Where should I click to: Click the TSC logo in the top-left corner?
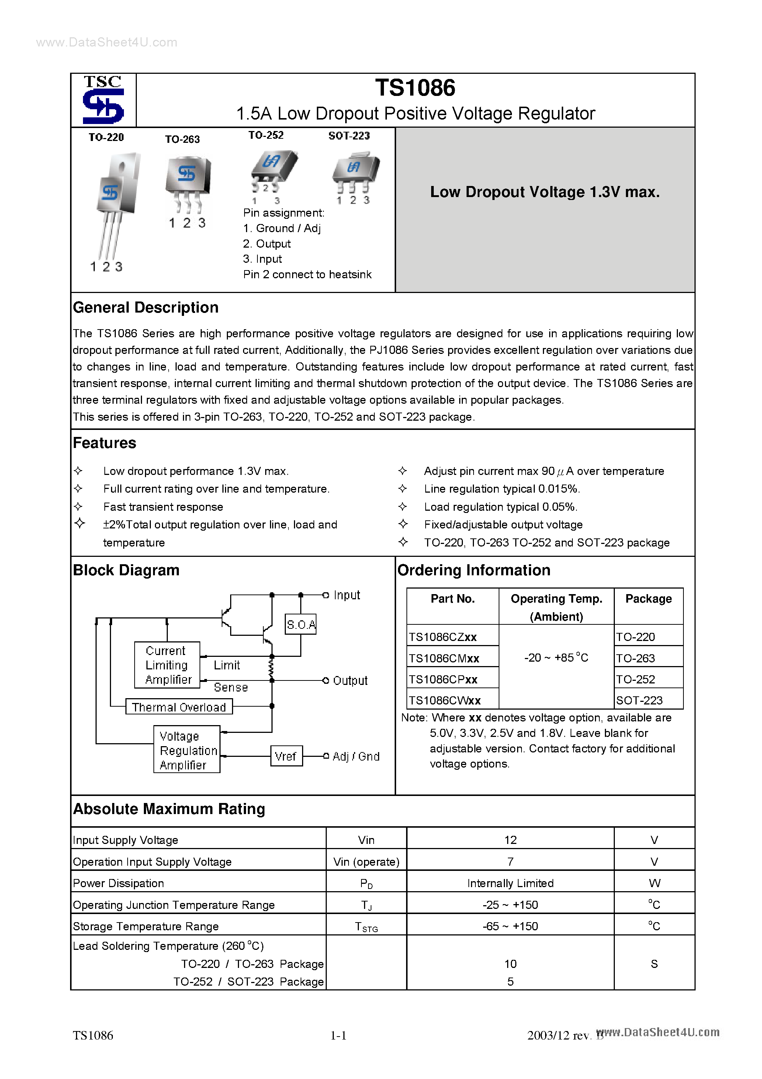tap(103, 100)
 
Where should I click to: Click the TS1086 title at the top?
tap(415, 88)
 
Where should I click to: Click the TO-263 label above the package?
tap(182, 139)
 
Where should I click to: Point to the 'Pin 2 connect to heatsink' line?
tap(307, 275)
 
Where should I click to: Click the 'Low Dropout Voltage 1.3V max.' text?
tap(545, 192)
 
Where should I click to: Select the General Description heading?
tap(146, 307)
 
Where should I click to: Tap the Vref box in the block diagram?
tap(285, 756)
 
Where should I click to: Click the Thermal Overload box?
tap(179, 707)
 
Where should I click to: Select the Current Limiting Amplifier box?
tap(167, 665)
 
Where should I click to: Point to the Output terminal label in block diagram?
tap(350, 680)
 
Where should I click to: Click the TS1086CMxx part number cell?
tap(444, 658)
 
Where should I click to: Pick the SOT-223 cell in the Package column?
tap(640, 700)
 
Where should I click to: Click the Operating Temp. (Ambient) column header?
tap(556, 607)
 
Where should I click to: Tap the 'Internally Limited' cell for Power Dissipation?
tap(510, 883)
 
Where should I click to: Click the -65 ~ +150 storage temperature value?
tap(510, 926)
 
